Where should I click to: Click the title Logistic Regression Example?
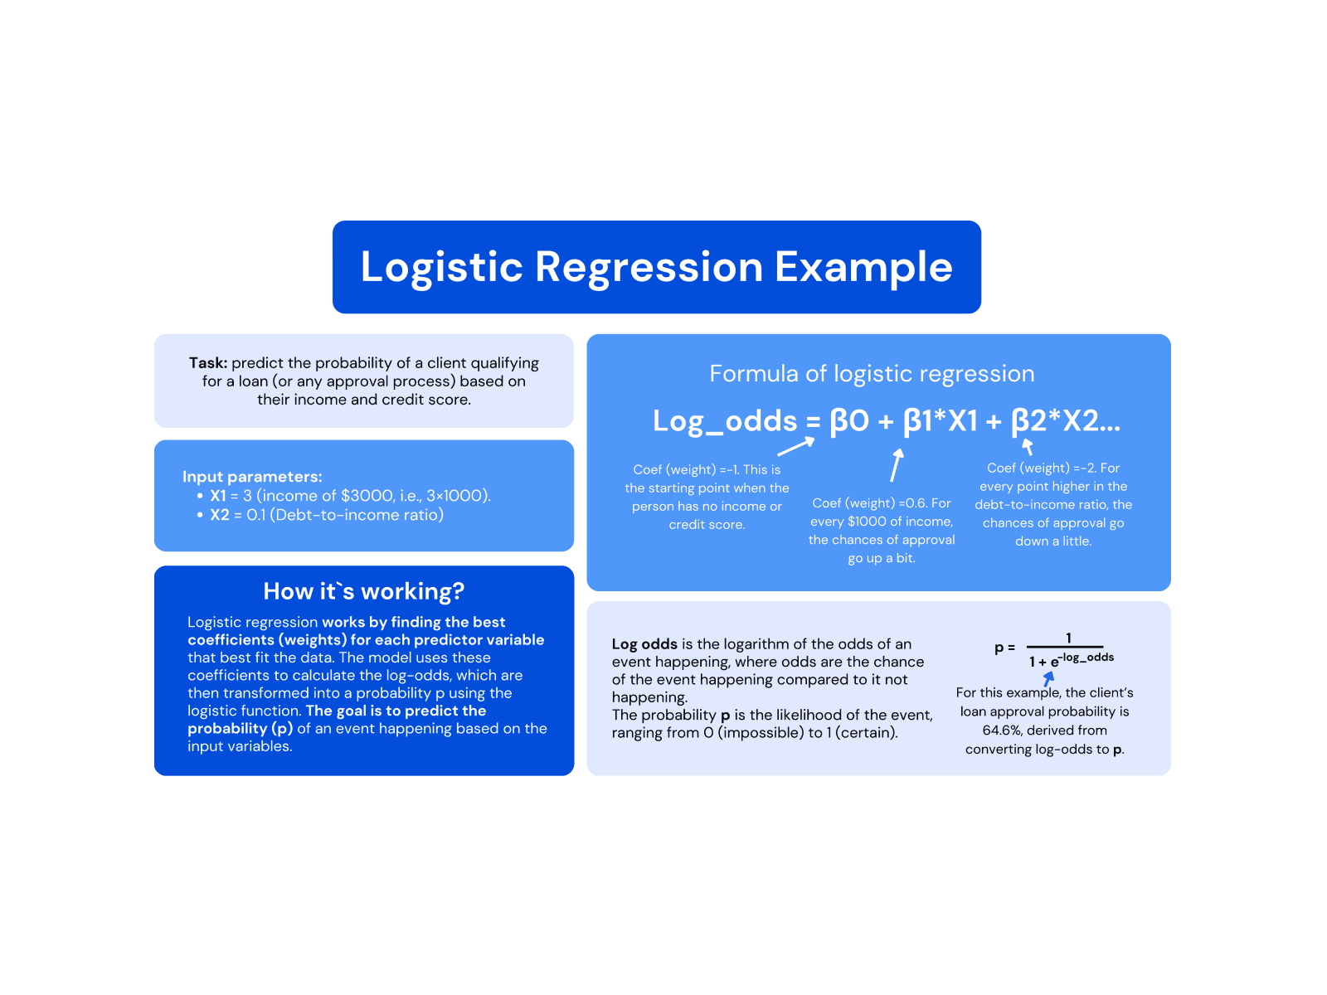[656, 267]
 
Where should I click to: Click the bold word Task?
[207, 363]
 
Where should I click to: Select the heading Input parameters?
[252, 477]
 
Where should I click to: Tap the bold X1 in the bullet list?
[218, 496]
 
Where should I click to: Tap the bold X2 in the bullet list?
[219, 515]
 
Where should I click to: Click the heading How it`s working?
[363, 591]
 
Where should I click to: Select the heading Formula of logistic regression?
[872, 374]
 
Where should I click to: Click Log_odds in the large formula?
[724, 421]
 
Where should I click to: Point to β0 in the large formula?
[848, 421]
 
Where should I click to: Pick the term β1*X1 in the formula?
[941, 421]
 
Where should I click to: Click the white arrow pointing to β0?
[796, 447]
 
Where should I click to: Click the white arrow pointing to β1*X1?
[896, 465]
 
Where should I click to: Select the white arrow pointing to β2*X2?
[1028, 446]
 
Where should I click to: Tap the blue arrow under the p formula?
[1048, 678]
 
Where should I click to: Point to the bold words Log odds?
[644, 644]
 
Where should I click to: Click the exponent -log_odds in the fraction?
[1087, 657]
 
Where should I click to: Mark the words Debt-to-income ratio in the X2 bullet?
[357, 515]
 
